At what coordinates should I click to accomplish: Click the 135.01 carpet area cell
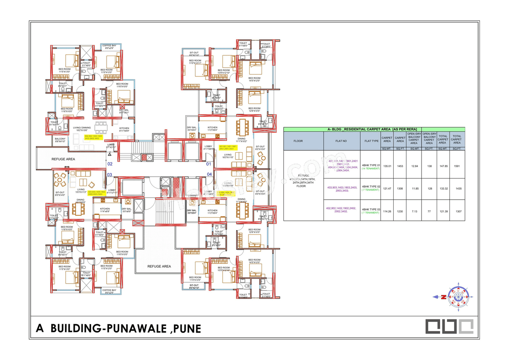[x=387, y=166]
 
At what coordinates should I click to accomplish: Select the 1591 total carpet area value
[x=457, y=166]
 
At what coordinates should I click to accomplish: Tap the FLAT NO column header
[x=341, y=141]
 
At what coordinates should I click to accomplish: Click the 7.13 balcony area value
[x=414, y=212]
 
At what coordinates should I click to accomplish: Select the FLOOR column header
[x=298, y=141]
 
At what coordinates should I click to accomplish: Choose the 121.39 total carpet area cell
[x=443, y=212]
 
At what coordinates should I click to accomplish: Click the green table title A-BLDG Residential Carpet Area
[x=374, y=130]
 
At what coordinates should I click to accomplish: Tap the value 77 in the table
[x=429, y=212]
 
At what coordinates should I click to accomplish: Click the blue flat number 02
[x=110, y=164]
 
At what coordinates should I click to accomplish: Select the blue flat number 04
[x=209, y=174]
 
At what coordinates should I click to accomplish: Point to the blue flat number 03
[x=110, y=174]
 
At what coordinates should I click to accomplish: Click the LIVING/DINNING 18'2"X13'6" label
[x=82, y=129]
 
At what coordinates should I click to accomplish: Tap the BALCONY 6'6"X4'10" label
[x=60, y=140]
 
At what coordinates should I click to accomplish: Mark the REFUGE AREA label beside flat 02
[x=63, y=159]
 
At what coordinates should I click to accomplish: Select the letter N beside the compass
[x=443, y=297]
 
